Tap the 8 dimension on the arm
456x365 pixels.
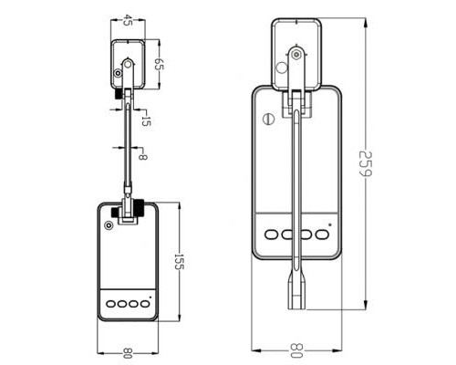tap(143, 156)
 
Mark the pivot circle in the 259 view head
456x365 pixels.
tap(295, 55)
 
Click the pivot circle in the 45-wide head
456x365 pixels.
tap(128, 65)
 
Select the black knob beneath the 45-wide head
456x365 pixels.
tap(119, 93)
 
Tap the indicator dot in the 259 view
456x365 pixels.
tap(329, 222)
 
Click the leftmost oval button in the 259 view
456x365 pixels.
tap(272, 235)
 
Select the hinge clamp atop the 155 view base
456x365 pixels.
tap(130, 213)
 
